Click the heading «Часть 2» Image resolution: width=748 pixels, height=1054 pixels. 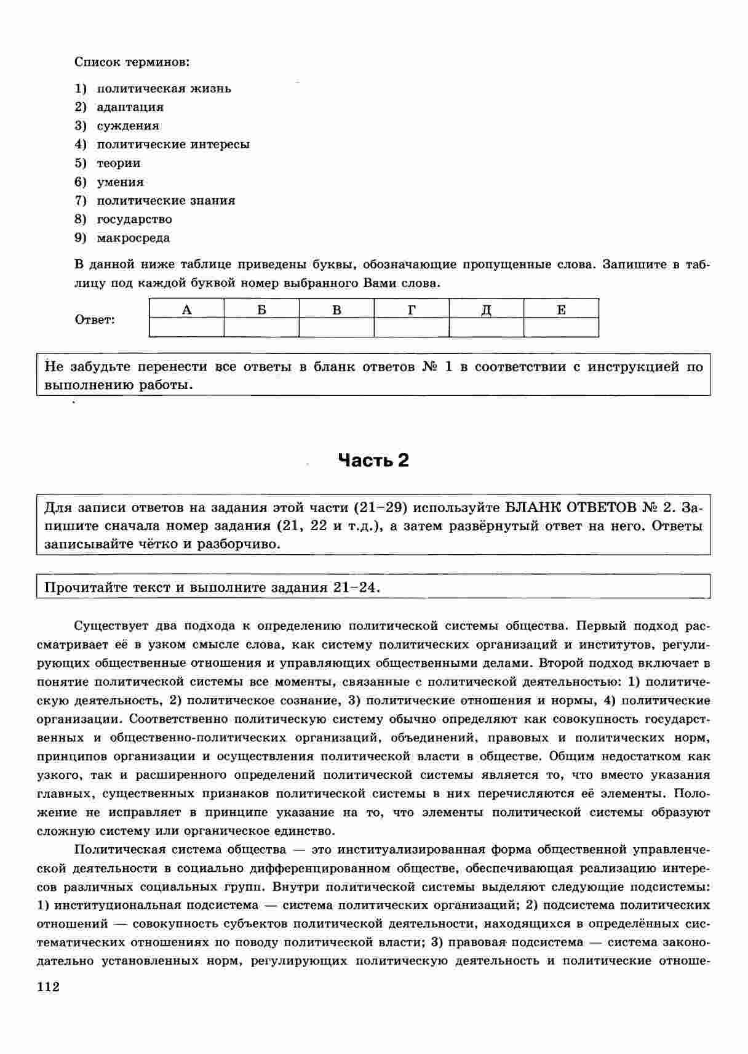click(373, 461)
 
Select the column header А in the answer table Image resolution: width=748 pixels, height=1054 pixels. click(187, 309)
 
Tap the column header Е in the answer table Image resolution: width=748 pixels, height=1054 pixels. click(561, 309)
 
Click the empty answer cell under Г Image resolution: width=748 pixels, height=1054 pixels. click(412, 327)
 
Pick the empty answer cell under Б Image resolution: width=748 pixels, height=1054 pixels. click(261, 327)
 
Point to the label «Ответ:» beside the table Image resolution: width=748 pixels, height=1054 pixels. click(95, 320)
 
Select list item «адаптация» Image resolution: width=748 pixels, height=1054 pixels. click(130, 107)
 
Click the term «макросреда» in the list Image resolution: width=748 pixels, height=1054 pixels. click(133, 238)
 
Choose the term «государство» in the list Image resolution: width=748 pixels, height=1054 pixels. click(135, 219)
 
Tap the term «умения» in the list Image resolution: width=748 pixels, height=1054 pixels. click(121, 182)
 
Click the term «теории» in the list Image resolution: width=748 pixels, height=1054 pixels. click(119, 163)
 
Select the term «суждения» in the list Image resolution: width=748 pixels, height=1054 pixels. click(128, 126)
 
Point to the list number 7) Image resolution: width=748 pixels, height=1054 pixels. click(81, 201)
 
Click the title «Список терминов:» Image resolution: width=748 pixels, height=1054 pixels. click(132, 62)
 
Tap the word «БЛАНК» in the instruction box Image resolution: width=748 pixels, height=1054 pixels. click(532, 508)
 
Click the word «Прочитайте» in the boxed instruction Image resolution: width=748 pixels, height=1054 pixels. click(86, 587)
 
